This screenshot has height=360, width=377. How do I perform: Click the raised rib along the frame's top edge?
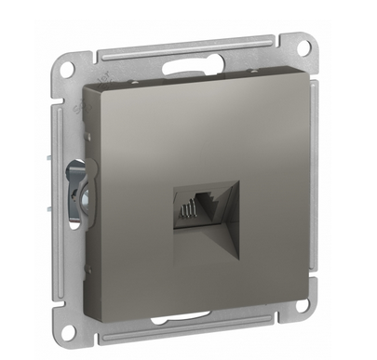(186, 49)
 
